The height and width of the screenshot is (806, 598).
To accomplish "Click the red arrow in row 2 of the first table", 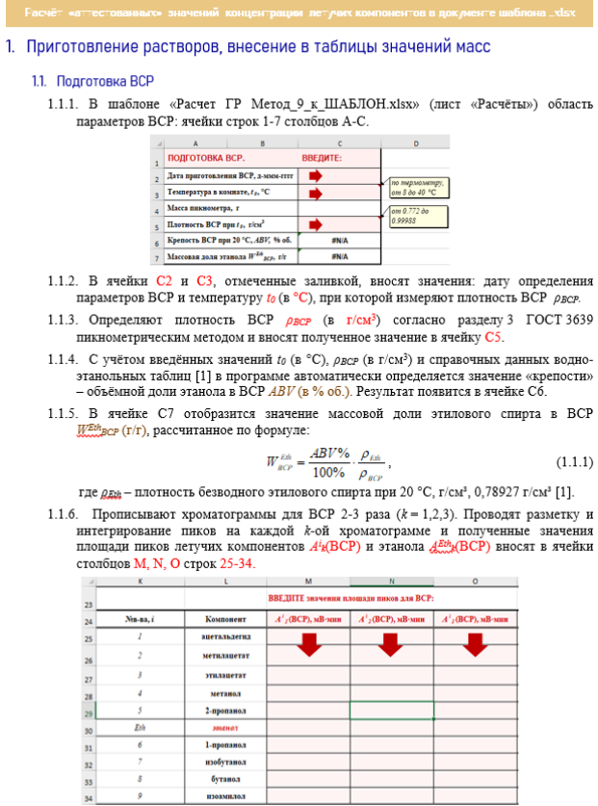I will [x=317, y=176].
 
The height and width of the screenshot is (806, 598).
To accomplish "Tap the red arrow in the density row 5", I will [x=317, y=224].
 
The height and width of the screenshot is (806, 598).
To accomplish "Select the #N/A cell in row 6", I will [x=339, y=241].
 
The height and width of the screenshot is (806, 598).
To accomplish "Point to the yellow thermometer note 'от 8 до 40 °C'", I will [x=417, y=186].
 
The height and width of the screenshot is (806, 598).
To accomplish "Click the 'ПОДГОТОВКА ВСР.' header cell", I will [x=206, y=158].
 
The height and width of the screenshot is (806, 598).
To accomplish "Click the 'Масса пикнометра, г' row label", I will [x=203, y=208].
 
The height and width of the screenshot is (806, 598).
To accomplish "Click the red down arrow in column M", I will [x=309, y=646].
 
